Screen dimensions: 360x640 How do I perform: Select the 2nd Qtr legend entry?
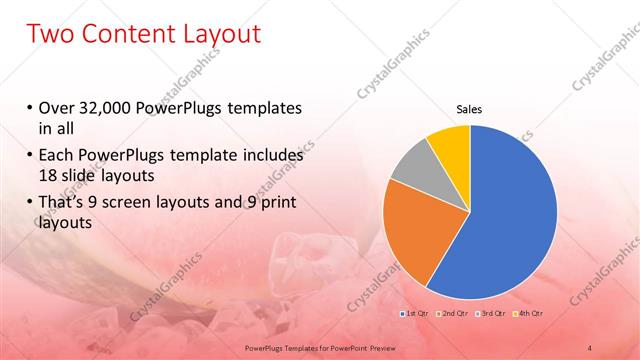tap(452, 314)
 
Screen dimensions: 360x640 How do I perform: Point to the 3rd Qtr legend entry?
tap(489, 314)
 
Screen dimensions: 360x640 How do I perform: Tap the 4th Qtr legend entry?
tap(527, 314)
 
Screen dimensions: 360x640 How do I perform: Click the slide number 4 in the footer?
tap(590, 347)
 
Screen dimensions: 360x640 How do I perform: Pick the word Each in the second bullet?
tap(57, 156)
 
